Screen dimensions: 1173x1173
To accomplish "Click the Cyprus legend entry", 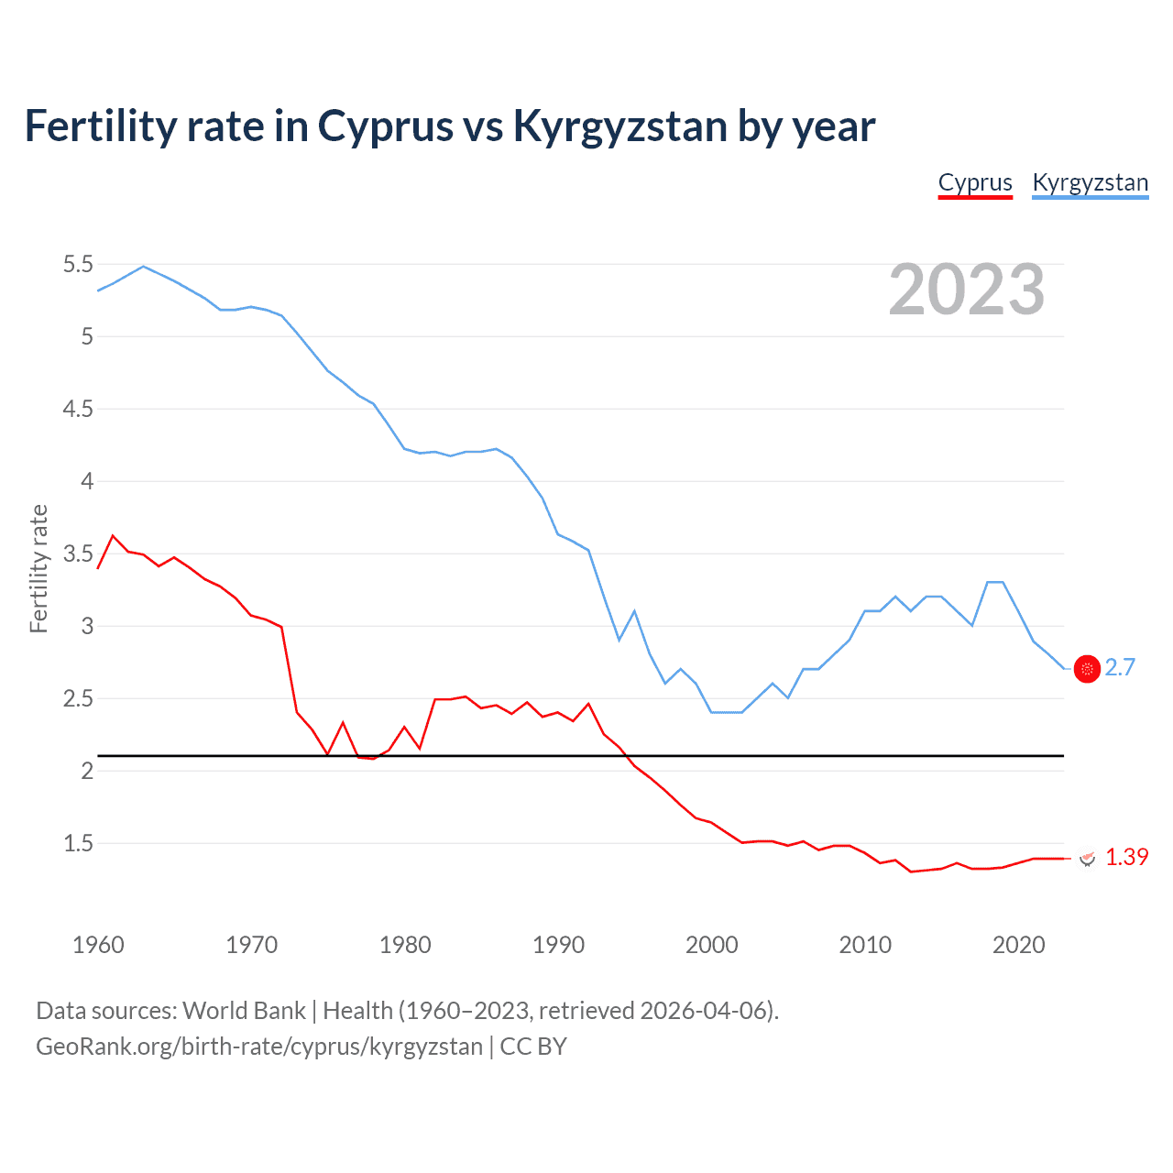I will click(x=975, y=183).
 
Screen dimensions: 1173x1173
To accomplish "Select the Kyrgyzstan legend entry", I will click(x=1090, y=183).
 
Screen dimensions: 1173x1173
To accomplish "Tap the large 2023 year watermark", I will click(x=967, y=290).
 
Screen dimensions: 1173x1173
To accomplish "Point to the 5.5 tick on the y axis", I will click(x=78, y=265).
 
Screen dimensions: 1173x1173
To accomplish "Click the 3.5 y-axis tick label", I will click(x=78, y=554).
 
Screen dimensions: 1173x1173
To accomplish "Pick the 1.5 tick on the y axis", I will click(x=78, y=843).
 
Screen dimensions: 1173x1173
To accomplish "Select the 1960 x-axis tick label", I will click(x=98, y=945).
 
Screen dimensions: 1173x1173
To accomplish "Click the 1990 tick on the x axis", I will click(x=558, y=945).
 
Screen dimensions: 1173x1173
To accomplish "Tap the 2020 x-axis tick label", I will click(x=1018, y=945).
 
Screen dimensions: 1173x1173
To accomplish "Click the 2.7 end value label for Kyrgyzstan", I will click(x=1120, y=668).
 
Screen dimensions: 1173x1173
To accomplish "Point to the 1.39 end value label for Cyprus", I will click(x=1126, y=857).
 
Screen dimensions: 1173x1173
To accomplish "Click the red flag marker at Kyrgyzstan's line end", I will click(x=1087, y=670).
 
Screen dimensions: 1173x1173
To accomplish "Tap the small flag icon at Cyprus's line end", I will click(x=1087, y=859).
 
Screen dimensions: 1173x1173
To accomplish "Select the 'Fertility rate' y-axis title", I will click(x=38, y=568).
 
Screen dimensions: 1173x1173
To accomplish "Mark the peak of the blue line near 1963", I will click(x=143, y=267).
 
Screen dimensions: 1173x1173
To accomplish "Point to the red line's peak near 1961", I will click(x=113, y=535).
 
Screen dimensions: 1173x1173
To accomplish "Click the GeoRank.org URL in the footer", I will click(x=258, y=1047).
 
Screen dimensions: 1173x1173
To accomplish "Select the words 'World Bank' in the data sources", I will click(x=244, y=1011).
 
